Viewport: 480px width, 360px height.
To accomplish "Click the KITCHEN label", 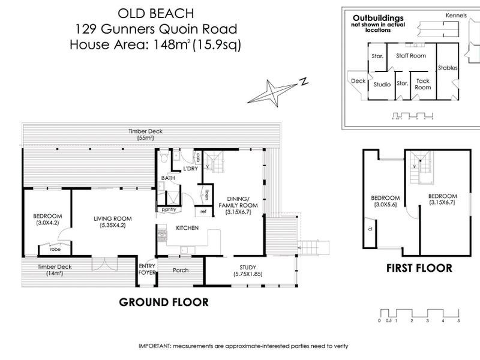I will click(x=187, y=229).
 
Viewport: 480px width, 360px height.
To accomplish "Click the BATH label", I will click(x=167, y=179).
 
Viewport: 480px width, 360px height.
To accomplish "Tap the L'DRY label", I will click(x=190, y=169).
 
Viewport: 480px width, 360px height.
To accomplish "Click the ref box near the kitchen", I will click(x=203, y=211).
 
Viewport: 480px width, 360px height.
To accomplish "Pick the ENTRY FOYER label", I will click(x=146, y=269).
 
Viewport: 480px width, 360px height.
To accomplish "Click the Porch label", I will click(x=180, y=270).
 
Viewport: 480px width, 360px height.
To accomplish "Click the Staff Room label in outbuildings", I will click(x=410, y=55).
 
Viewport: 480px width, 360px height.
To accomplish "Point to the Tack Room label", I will click(x=423, y=84).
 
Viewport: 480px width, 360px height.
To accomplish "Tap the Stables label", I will click(x=448, y=68).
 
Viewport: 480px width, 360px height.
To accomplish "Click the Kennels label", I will click(x=456, y=15).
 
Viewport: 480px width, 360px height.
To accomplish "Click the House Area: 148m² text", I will click(x=155, y=44).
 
